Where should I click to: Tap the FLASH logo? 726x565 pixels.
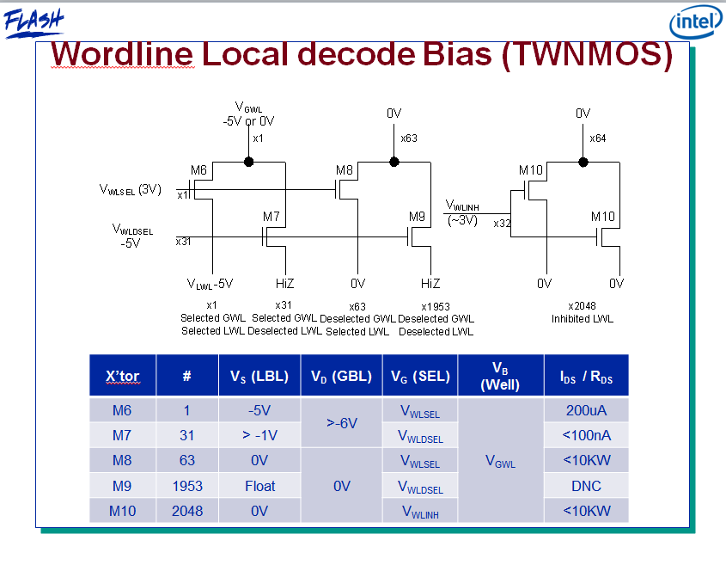(33, 21)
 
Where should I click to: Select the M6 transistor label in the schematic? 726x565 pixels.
(198, 170)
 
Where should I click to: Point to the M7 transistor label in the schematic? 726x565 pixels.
(271, 216)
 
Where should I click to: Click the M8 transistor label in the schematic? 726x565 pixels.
(344, 170)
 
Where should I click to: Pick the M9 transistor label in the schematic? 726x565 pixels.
(417, 216)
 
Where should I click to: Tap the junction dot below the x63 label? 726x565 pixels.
(394, 161)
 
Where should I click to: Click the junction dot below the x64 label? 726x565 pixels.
(583, 161)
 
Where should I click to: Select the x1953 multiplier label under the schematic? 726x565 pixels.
(436, 305)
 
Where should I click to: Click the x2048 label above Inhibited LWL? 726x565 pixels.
(582, 305)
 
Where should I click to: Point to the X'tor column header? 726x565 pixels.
(122, 376)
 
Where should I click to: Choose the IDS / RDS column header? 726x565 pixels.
(586, 377)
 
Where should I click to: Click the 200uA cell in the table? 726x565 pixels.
(586, 410)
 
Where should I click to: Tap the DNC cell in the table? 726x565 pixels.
(586, 486)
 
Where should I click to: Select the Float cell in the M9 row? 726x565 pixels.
(259, 486)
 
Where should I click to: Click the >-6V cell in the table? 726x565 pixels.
(341, 422)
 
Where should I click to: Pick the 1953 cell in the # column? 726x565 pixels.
(186, 486)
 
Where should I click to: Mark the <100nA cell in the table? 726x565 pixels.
(586, 435)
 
